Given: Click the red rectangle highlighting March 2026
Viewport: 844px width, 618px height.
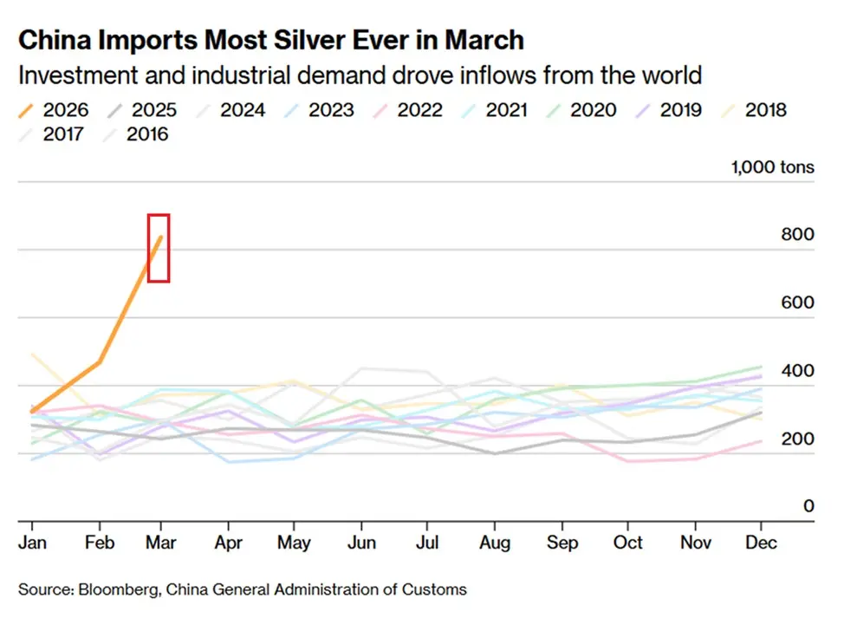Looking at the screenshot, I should pyautogui.click(x=158, y=248).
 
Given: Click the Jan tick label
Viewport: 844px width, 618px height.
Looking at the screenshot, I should pyautogui.click(x=32, y=543).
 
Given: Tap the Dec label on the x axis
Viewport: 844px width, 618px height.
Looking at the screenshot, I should pyautogui.click(x=761, y=543).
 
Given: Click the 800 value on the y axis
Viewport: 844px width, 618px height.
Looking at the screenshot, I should pyautogui.click(x=796, y=235).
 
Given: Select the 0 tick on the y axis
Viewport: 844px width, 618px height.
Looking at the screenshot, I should pyautogui.click(x=808, y=506).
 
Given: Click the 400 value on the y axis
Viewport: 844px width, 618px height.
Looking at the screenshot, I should pyautogui.click(x=796, y=371).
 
